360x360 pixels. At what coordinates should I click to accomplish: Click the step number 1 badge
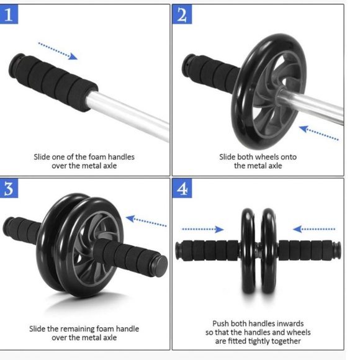11,15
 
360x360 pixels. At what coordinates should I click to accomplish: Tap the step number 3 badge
11,189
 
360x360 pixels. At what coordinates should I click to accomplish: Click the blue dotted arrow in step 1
57,50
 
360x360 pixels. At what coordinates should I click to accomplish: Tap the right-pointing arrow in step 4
204,229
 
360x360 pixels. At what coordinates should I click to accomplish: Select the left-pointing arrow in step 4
314,229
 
